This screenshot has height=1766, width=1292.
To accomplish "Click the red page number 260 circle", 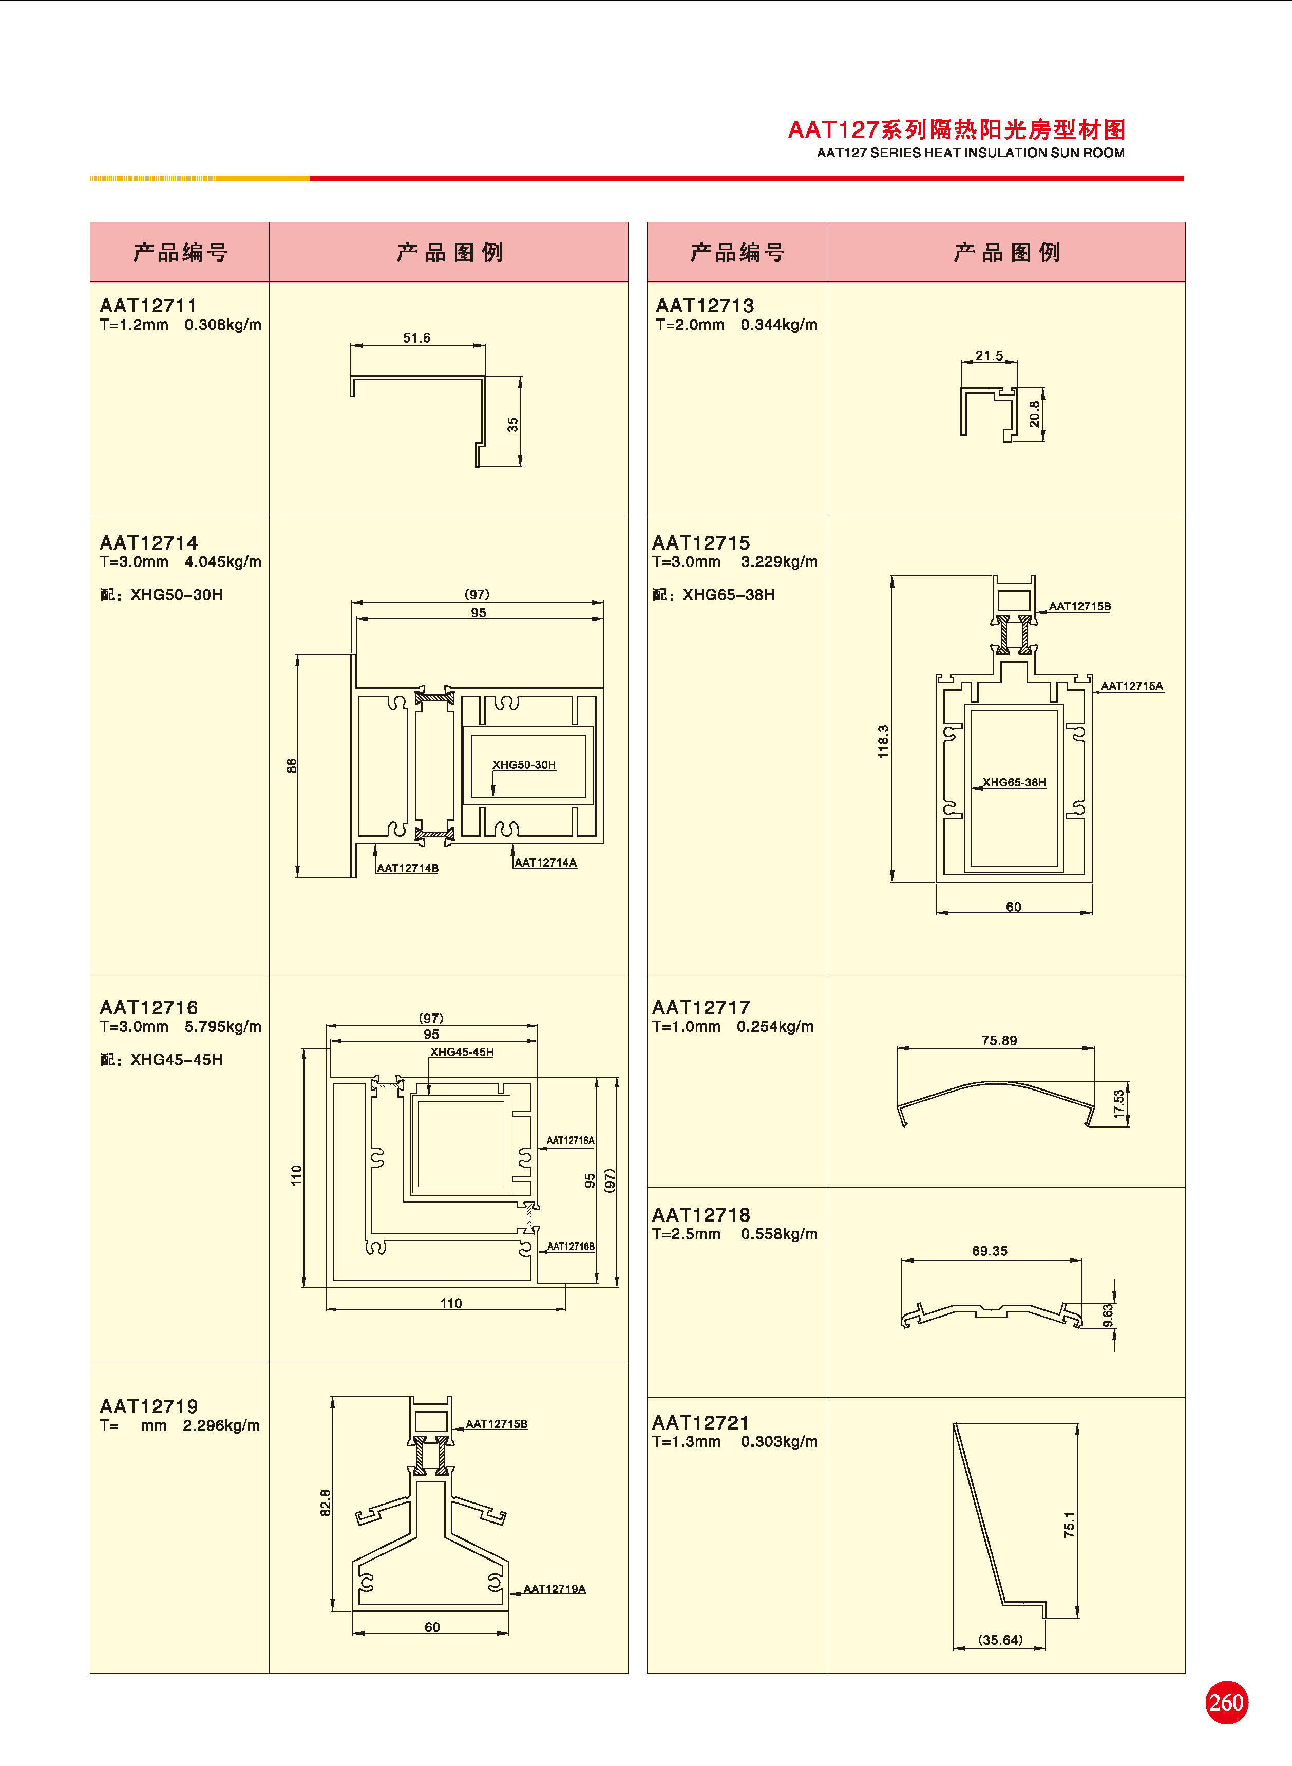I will coord(1226,1703).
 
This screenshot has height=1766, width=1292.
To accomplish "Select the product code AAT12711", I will coord(148,306).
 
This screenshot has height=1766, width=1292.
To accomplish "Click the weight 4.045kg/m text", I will coord(223,561).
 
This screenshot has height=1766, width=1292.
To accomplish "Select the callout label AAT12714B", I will coord(407,868).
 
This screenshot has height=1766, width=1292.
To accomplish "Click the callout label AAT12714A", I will coord(545,862).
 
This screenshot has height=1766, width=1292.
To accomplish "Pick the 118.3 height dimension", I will coord(883,741).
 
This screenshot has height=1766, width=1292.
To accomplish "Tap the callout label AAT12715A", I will coord(1132,686).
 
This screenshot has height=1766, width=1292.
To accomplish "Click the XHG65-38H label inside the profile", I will coord(1014,782).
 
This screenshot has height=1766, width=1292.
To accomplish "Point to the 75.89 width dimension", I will coord(999,1040).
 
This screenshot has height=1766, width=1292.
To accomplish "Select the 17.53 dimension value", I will coord(1119,1103).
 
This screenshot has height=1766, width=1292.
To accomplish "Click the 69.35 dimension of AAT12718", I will coord(990,1251).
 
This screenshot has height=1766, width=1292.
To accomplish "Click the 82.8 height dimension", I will coord(326,1502).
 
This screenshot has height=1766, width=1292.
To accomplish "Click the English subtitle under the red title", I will coord(970,153).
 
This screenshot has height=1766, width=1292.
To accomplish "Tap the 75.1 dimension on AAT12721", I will coord(1069,1525).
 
